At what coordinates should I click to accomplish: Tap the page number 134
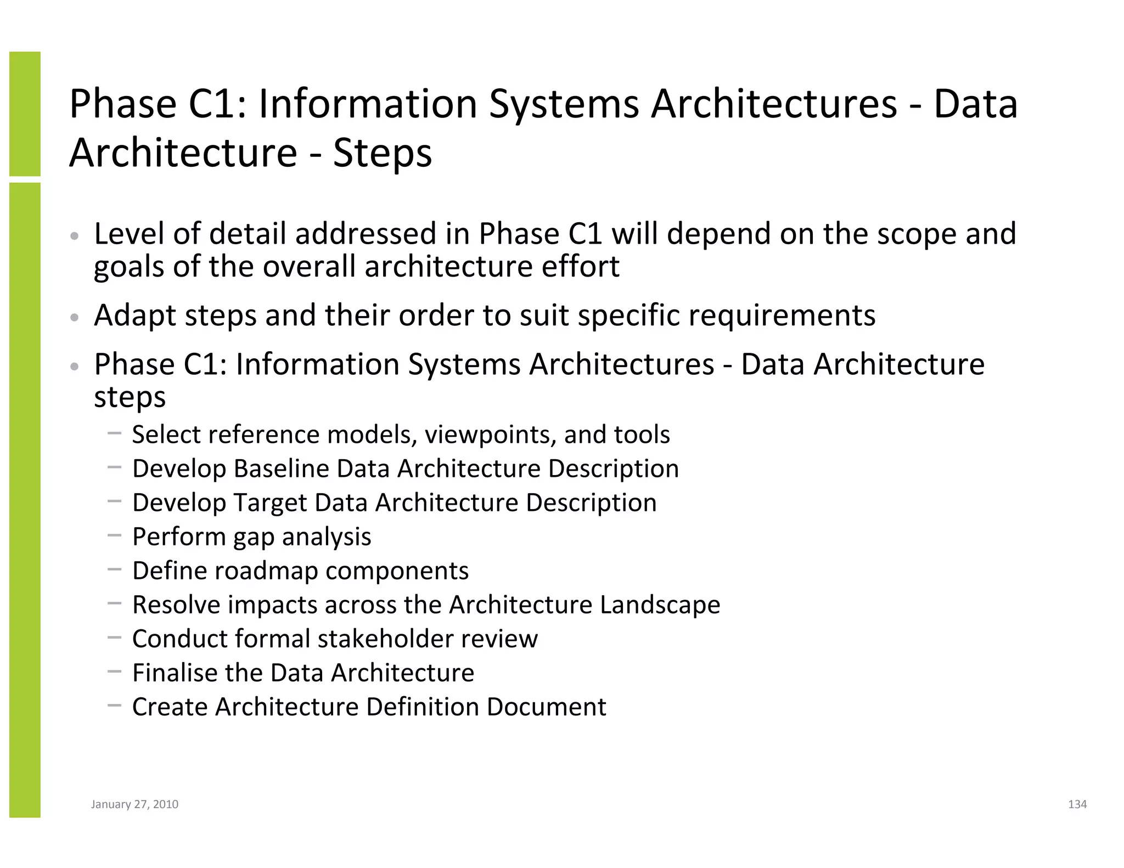[1077, 804]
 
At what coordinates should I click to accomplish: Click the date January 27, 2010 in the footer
[134, 804]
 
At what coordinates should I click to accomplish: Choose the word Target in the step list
[271, 503]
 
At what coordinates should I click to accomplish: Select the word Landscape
[660, 605]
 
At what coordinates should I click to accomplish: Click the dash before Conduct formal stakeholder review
[114, 638]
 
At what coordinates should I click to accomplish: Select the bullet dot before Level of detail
[75, 236]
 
